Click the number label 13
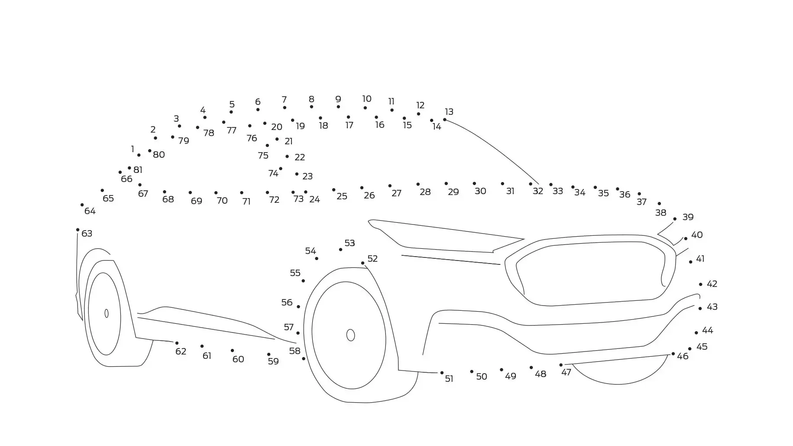tap(449, 112)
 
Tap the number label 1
tap(133, 149)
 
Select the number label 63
tap(87, 234)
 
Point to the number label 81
tap(138, 170)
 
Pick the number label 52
tap(372, 259)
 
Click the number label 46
tap(683, 356)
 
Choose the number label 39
tap(688, 217)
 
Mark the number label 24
tap(314, 199)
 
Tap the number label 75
tap(263, 156)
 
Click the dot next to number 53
tap(340, 249)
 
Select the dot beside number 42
tap(700, 284)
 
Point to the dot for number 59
tap(269, 354)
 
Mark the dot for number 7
tap(285, 107)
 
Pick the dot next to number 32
tap(531, 184)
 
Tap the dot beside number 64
tap(82, 205)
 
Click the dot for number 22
tap(287, 156)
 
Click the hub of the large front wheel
tap(350, 335)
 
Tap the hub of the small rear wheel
tap(107, 313)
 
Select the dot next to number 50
tap(472, 371)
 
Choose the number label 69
tap(196, 201)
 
